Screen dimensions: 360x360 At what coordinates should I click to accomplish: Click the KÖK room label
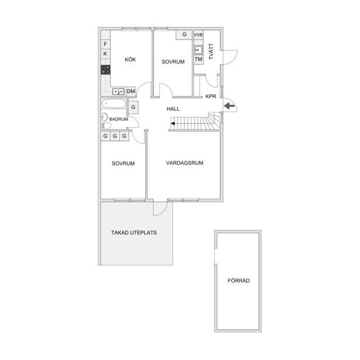[130, 60]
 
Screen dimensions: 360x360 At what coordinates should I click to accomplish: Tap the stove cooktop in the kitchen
[105, 70]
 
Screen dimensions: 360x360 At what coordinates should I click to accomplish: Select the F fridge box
[105, 44]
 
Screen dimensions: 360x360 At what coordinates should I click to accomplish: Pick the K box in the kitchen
[105, 54]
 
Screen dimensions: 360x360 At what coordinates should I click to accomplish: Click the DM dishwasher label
[131, 91]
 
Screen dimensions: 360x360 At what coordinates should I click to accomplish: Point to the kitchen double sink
[118, 92]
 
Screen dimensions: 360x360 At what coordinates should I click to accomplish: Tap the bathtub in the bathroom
[114, 104]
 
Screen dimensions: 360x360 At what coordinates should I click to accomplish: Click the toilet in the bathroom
[106, 126]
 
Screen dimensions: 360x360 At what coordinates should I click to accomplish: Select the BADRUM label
[118, 119]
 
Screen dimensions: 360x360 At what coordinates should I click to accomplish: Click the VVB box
[198, 35]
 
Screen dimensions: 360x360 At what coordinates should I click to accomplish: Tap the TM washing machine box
[198, 59]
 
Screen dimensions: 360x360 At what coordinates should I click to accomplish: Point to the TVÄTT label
[211, 52]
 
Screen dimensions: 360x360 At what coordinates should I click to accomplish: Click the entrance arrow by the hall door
[229, 106]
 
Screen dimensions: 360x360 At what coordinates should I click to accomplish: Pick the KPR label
[211, 97]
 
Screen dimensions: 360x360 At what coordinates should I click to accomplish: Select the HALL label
[173, 109]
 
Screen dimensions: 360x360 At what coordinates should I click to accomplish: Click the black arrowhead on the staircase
[173, 124]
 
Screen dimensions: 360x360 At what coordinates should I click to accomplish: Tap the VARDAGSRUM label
[184, 163]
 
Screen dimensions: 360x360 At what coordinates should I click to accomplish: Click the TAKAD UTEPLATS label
[134, 232]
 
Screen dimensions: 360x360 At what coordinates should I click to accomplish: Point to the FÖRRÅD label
[239, 280]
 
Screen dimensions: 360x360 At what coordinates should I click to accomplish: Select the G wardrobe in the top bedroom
[184, 35]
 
